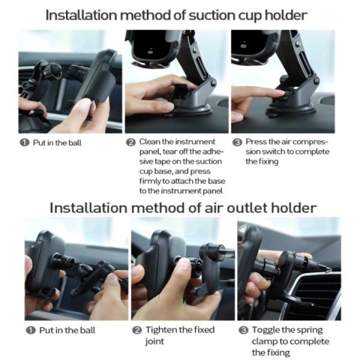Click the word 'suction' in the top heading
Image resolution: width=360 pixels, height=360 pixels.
click(x=211, y=15)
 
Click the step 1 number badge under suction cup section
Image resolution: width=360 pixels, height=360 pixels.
click(x=25, y=143)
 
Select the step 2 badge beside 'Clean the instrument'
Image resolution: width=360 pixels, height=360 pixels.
click(x=131, y=142)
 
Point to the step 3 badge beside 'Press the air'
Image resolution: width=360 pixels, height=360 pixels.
click(x=238, y=142)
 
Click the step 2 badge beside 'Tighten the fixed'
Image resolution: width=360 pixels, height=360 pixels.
click(x=137, y=331)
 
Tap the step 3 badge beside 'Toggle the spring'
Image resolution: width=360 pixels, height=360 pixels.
click(x=244, y=331)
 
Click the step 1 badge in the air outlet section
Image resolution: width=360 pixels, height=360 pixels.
click(x=31, y=331)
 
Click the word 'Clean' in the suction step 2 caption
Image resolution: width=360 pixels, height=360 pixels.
click(x=149, y=142)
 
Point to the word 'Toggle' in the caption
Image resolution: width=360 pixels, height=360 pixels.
click(x=266, y=330)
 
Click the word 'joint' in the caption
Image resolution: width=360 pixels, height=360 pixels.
click(x=154, y=341)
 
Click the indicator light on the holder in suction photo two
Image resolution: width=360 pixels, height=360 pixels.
click(x=151, y=52)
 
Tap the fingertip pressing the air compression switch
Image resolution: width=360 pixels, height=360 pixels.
click(x=281, y=93)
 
